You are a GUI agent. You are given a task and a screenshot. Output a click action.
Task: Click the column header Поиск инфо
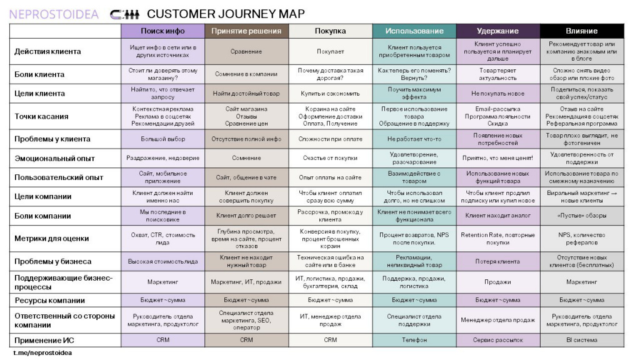[162, 31]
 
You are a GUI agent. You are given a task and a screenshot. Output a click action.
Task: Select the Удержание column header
[497, 31]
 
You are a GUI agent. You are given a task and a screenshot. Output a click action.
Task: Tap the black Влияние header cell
[582, 31]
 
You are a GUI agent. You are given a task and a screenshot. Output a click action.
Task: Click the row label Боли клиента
[39, 74]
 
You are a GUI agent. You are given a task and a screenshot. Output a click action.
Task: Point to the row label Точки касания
[41, 116]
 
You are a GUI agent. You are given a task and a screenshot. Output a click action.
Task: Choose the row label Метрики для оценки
[51, 238]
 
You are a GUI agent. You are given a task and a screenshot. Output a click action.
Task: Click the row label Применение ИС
[44, 341]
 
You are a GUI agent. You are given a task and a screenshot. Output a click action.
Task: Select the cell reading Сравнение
[246, 51]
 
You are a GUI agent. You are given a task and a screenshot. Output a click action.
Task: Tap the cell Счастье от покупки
[330, 158]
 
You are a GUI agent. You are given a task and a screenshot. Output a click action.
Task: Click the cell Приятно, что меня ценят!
[497, 158]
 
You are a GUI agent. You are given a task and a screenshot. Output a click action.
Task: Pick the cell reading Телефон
[414, 340]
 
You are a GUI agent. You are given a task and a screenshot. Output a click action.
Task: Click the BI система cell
[582, 340]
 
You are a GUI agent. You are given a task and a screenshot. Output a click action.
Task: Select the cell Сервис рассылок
[497, 340]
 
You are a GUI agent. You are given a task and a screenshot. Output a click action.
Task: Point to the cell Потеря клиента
[497, 261]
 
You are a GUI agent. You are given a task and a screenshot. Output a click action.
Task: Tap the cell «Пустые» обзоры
[582, 216]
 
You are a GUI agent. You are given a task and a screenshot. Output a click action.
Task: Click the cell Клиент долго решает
[246, 216]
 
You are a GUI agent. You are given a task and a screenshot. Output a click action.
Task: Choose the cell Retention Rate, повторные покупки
[497, 238]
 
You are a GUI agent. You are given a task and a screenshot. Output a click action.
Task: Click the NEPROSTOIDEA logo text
[54, 14]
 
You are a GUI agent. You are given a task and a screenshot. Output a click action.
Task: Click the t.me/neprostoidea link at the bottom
[42, 352]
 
